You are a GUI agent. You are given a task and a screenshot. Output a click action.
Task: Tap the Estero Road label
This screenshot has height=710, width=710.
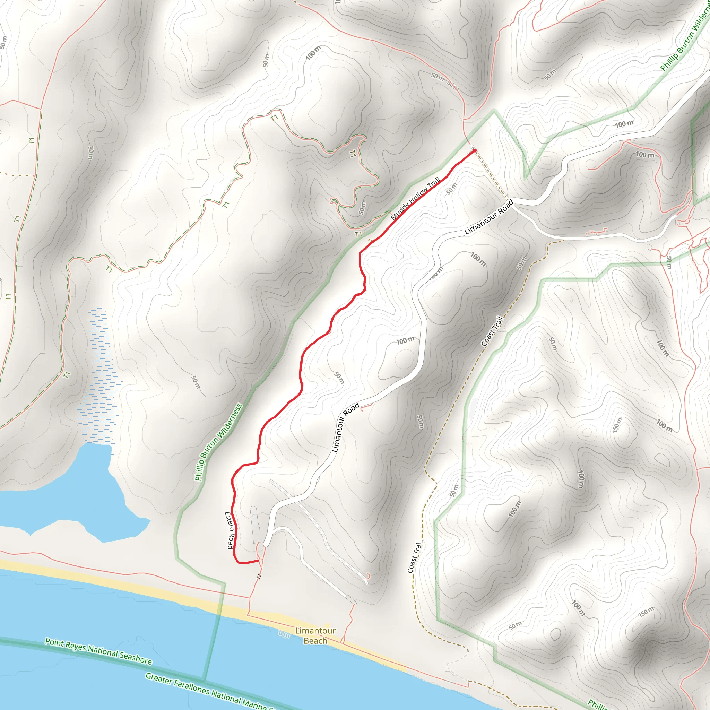(230, 530)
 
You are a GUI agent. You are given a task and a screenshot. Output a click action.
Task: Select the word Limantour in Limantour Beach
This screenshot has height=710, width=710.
(315, 631)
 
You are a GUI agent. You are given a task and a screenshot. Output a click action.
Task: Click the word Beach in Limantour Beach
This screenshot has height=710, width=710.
(315, 641)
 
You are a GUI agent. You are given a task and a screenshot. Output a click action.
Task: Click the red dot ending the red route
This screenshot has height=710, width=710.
(475, 151)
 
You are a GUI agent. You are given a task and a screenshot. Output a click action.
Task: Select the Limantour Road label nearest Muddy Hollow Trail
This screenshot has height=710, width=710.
(488, 217)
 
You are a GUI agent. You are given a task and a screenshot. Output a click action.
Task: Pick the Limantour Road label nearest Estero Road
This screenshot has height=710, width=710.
(345, 428)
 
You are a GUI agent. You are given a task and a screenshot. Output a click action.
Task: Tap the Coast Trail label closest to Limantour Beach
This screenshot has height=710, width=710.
(415, 557)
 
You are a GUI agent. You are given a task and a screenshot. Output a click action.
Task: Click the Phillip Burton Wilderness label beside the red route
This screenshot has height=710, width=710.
(218, 442)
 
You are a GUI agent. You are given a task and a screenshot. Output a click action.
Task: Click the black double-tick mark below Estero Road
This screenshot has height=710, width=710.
(259, 577)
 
